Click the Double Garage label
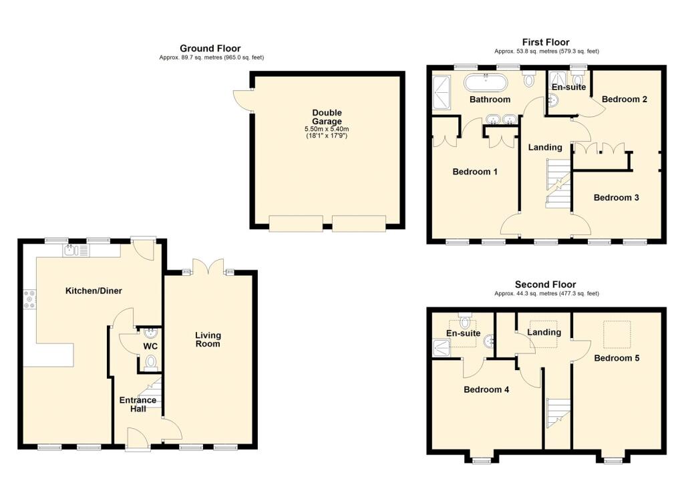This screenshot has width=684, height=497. pyautogui.click(x=327, y=117)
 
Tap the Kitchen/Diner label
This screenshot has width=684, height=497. pyautogui.click(x=93, y=291)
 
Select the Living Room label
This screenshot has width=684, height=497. pyautogui.click(x=208, y=339)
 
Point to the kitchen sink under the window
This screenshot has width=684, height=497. pyautogui.click(x=73, y=251)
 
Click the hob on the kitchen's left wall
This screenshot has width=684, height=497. pyautogui.click(x=29, y=299)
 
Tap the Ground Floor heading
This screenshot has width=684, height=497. pyautogui.click(x=210, y=48)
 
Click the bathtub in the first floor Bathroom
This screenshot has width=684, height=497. pyautogui.click(x=486, y=83)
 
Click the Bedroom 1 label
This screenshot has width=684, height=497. pyautogui.click(x=475, y=172)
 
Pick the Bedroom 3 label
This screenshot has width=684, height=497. pyautogui.click(x=617, y=198)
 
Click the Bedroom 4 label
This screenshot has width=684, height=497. pyautogui.click(x=486, y=389)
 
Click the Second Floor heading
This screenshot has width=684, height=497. pyautogui.click(x=545, y=285)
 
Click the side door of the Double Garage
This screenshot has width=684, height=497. pyautogui.click(x=242, y=99)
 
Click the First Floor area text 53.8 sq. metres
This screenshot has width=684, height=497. pyautogui.click(x=546, y=51)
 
